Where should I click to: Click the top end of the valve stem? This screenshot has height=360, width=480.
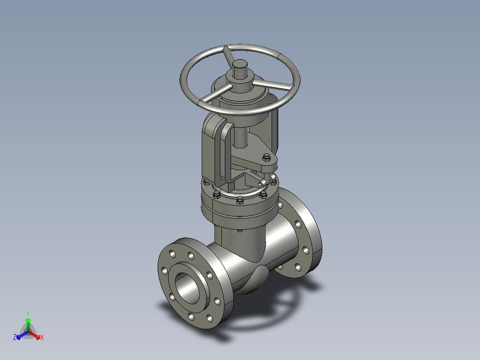(x=240, y=64)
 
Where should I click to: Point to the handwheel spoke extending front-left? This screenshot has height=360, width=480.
(x=215, y=94)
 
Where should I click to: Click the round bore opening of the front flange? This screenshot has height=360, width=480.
(x=187, y=287)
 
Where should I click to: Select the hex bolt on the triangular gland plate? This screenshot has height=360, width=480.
(x=266, y=158)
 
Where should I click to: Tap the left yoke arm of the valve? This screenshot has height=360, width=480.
(x=216, y=147)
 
